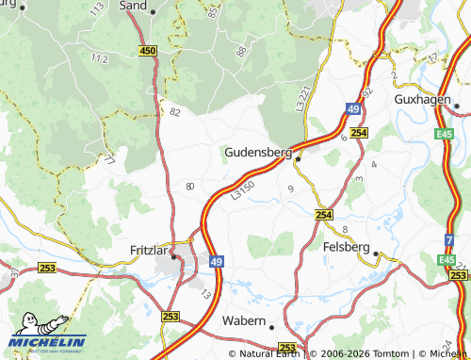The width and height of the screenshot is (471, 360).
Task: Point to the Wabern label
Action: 244,320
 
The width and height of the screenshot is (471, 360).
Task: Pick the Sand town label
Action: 135,5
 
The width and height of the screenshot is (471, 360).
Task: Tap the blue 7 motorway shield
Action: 449,240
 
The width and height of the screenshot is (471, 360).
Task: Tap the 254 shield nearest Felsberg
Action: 324,215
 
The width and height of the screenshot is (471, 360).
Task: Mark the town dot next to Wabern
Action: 271,327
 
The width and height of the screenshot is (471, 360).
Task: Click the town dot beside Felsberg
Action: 376,254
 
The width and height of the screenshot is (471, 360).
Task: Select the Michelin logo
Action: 47,340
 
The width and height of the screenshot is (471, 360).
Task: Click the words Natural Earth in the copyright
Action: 270,353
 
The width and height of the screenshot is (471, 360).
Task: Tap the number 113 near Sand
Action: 97,11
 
